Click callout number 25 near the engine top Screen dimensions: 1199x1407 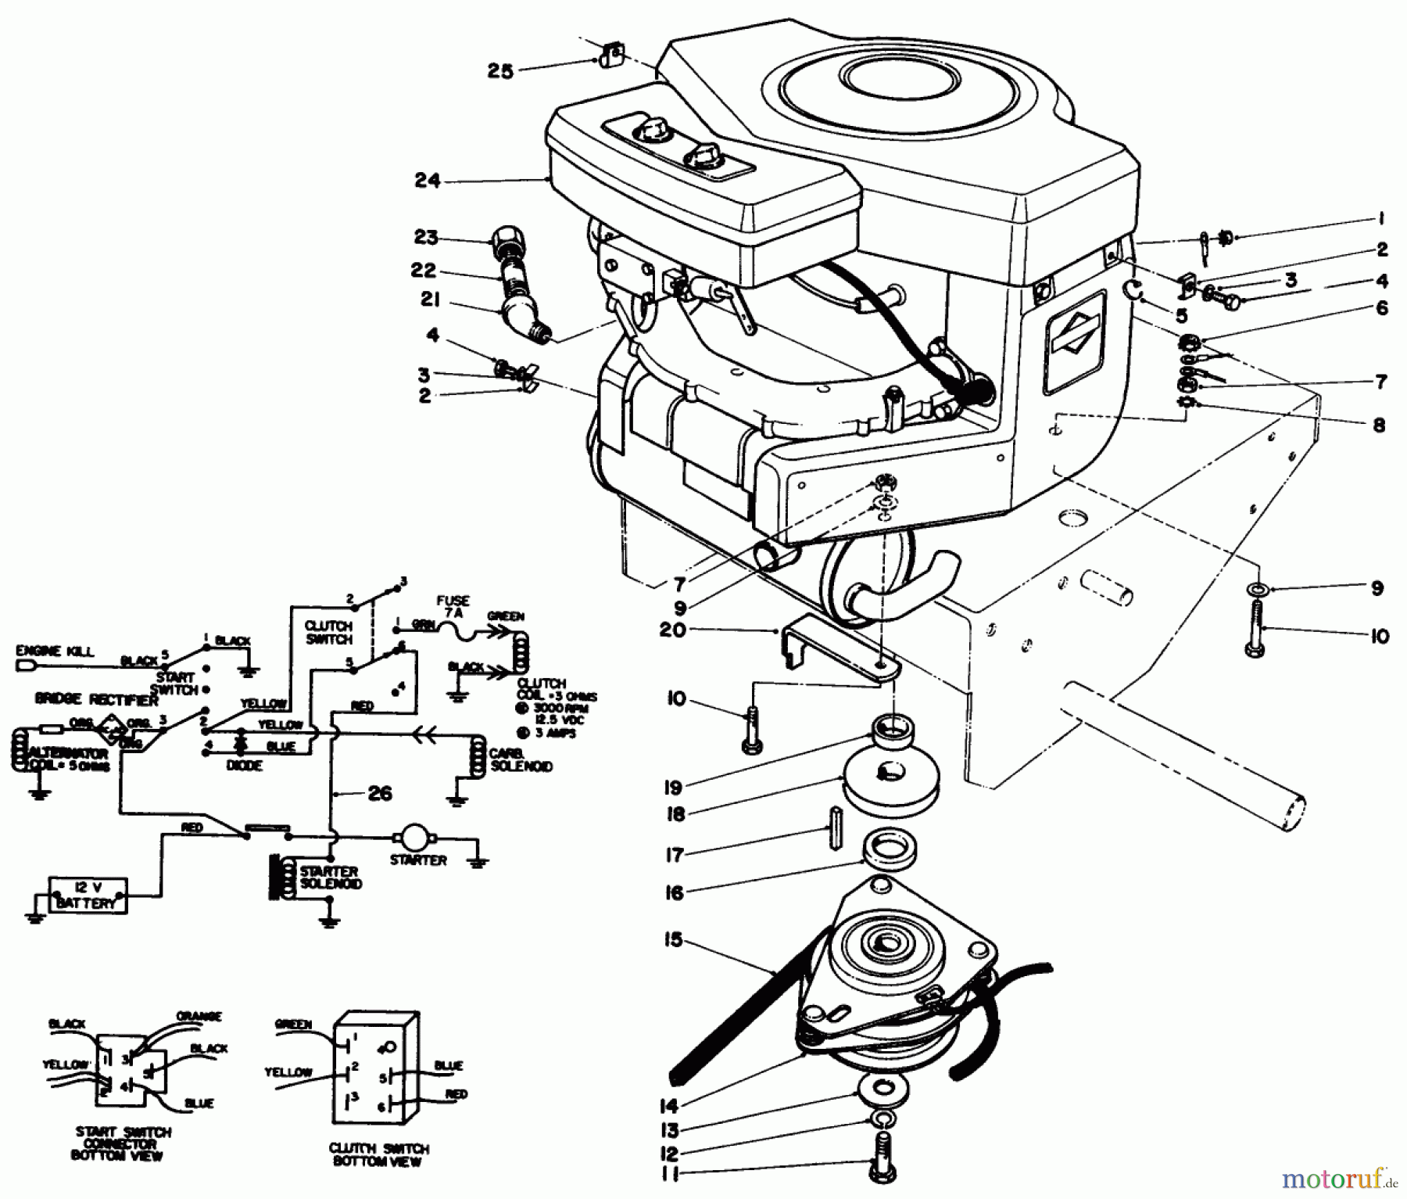click(x=500, y=71)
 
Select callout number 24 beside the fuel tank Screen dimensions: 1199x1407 click(x=428, y=181)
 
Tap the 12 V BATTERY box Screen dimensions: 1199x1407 click(x=88, y=895)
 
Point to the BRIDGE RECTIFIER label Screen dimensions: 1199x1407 click(x=96, y=701)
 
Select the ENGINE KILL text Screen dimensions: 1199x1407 click(x=54, y=651)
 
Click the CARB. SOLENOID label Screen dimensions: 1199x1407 click(x=521, y=759)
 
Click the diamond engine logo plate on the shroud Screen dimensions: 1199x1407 click(x=1076, y=342)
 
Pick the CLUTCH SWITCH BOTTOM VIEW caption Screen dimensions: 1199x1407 click(x=378, y=1155)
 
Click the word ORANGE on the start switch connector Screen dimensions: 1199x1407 click(x=199, y=1017)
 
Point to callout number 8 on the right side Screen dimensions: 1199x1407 click(x=1379, y=425)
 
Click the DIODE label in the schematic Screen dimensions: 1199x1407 click(x=243, y=766)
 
